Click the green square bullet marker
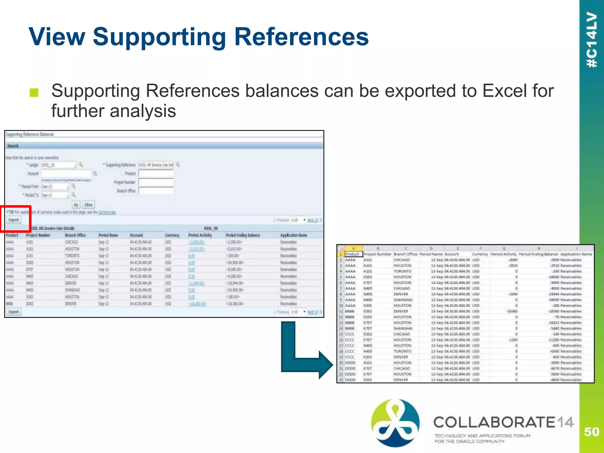(x=34, y=93)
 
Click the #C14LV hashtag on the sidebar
(x=592, y=40)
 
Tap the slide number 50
(x=592, y=432)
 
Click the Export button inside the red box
(x=14, y=220)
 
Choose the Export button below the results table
(x=14, y=312)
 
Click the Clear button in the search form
(x=88, y=204)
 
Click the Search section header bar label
(x=13, y=146)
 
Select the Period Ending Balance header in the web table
(x=243, y=235)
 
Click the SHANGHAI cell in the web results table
(x=72, y=290)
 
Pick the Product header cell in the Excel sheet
(x=352, y=254)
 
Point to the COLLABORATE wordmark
(x=494, y=422)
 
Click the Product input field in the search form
(x=156, y=173)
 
